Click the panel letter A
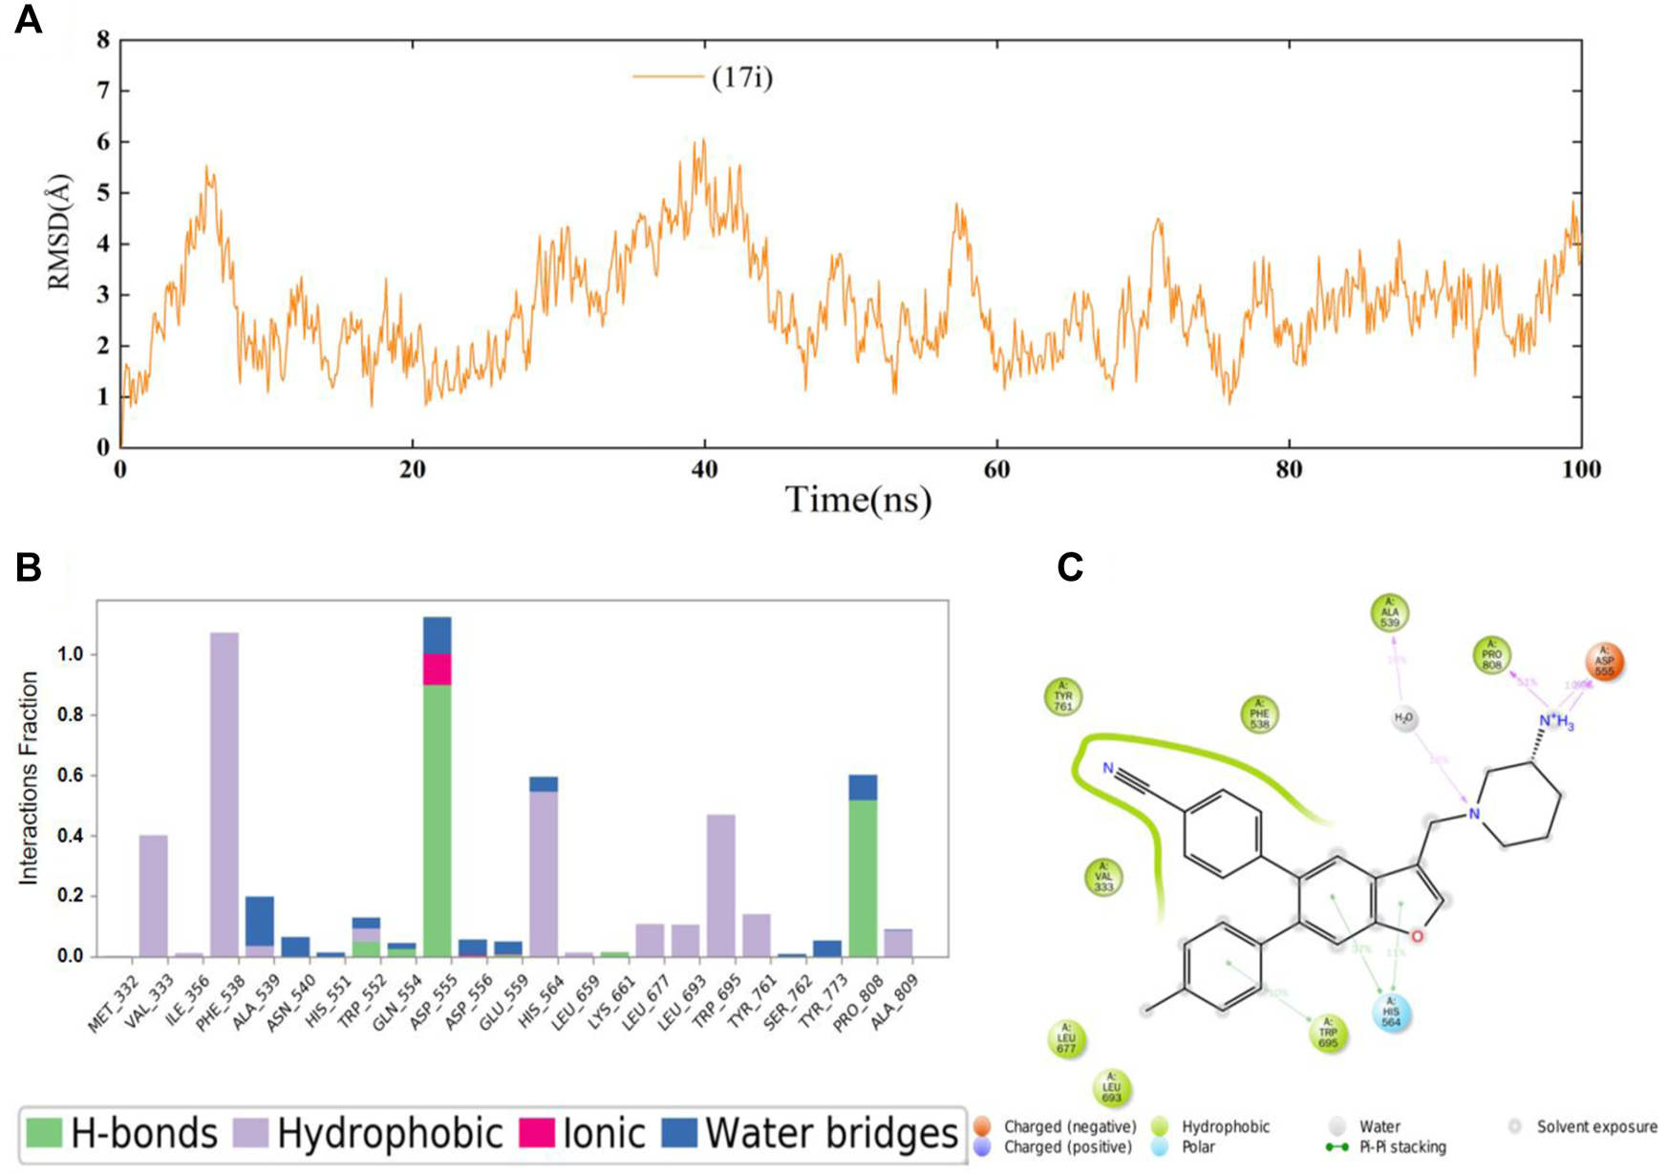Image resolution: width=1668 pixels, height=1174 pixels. pos(28,20)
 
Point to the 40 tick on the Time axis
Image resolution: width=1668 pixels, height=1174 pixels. pos(705,468)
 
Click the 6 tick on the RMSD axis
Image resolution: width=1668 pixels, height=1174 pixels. pos(101,141)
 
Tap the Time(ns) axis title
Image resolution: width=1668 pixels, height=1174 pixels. pos(857,499)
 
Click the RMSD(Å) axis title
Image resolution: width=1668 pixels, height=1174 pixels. pos(60,231)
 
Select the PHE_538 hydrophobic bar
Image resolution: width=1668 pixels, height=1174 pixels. pos(225,793)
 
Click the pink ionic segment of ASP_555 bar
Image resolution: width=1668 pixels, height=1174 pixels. pos(437,670)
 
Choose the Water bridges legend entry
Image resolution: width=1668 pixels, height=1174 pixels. pos(829,1134)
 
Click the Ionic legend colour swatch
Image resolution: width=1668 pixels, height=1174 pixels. pos(537,1134)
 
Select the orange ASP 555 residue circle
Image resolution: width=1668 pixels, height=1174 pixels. pos(1604,661)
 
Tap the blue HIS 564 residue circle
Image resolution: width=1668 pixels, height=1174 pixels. pos(1391,1014)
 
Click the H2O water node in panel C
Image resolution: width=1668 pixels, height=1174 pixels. pos(1403,717)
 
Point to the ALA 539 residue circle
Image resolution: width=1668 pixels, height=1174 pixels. pos(1389,612)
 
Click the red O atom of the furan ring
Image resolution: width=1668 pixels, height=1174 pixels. pos(1417,935)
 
